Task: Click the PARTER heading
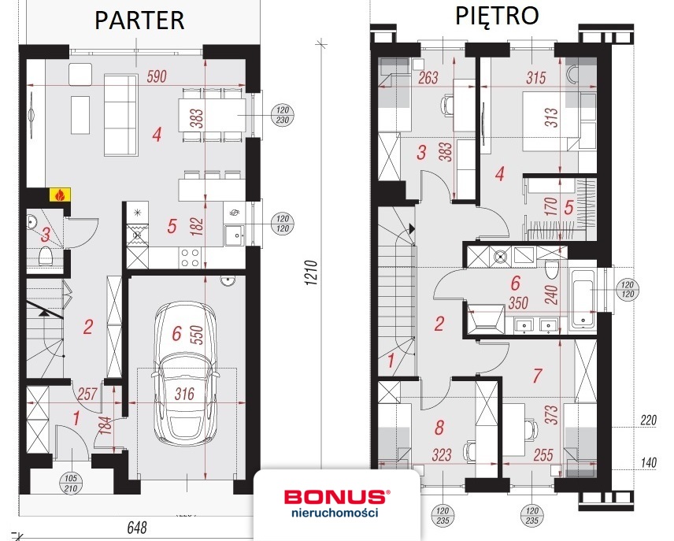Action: coord(139,20)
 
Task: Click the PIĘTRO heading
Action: coord(497,15)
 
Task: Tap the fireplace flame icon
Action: coord(59,195)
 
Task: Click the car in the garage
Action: coord(185,372)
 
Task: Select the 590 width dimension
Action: coord(157,77)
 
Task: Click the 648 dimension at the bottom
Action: coord(137,527)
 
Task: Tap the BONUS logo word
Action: coord(335,497)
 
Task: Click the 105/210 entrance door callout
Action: coord(71,484)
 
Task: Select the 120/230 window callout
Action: coord(283,115)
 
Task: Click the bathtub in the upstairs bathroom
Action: coord(583,296)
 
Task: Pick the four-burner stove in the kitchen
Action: coord(190,258)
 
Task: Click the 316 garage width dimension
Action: coord(184,394)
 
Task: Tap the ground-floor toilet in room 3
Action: coord(45,257)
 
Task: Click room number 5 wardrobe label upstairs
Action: coord(568,207)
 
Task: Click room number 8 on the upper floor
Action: coord(439,428)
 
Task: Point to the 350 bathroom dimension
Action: coord(518,302)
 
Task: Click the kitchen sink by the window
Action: coord(235,235)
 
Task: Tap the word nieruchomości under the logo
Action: coord(335,512)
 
